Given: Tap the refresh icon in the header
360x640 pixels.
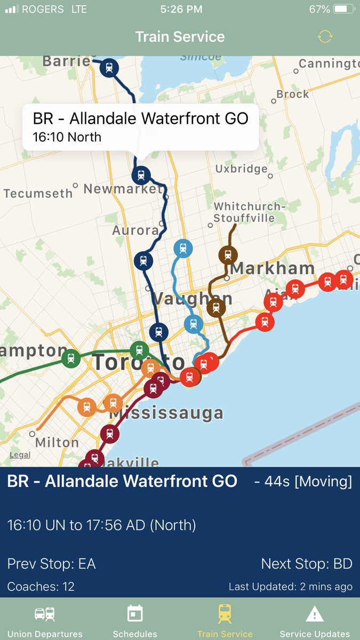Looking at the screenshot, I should point(325,36).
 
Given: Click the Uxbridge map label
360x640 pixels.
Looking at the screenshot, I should point(241,169).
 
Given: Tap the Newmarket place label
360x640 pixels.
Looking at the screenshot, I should point(122,189).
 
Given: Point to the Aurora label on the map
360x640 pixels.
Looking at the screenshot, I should point(135,230).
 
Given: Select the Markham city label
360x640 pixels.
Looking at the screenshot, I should point(272,268).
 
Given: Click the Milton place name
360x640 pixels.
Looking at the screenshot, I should point(57,442).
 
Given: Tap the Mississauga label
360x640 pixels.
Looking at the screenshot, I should point(166,413).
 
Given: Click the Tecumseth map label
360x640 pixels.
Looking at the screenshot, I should point(38,193).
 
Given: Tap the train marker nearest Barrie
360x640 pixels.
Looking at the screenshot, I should point(109,68).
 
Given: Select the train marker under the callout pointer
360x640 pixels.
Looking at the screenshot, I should point(141,174).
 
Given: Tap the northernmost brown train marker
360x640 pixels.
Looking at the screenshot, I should point(228,255).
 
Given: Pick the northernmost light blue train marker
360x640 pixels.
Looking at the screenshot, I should point(183,249).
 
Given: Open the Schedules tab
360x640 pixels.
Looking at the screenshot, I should point(135,621).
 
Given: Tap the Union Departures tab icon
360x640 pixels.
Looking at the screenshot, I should point(45,614).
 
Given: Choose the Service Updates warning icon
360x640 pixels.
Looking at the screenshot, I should point(315,614).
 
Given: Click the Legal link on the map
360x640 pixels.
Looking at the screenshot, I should point(20,455).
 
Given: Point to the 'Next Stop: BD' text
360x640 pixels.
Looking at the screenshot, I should point(306,564).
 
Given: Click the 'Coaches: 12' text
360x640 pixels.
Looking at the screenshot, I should point(41,587).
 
